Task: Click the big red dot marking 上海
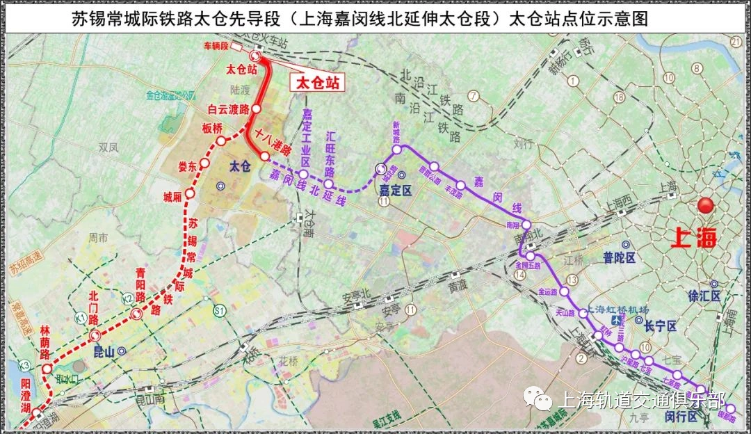coord(707,207)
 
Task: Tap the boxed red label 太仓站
coord(318,83)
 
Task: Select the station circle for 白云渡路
coord(256,109)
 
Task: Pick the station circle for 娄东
coord(204,164)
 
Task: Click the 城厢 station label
coord(172,197)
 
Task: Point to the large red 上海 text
coord(693,238)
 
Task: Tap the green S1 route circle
coord(220,310)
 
